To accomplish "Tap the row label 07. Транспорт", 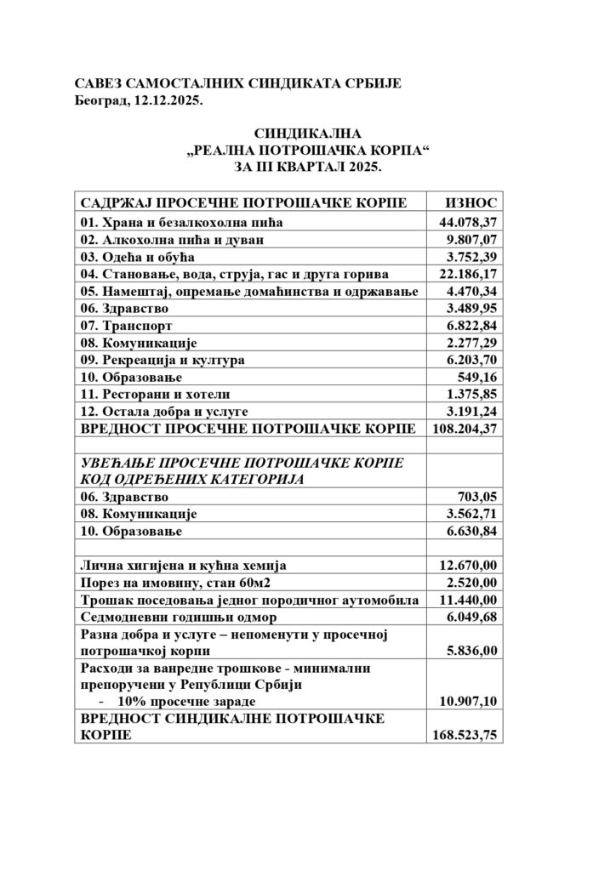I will click(127, 326).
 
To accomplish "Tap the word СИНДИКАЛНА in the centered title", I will click(308, 134).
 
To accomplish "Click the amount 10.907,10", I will click(465, 700).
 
